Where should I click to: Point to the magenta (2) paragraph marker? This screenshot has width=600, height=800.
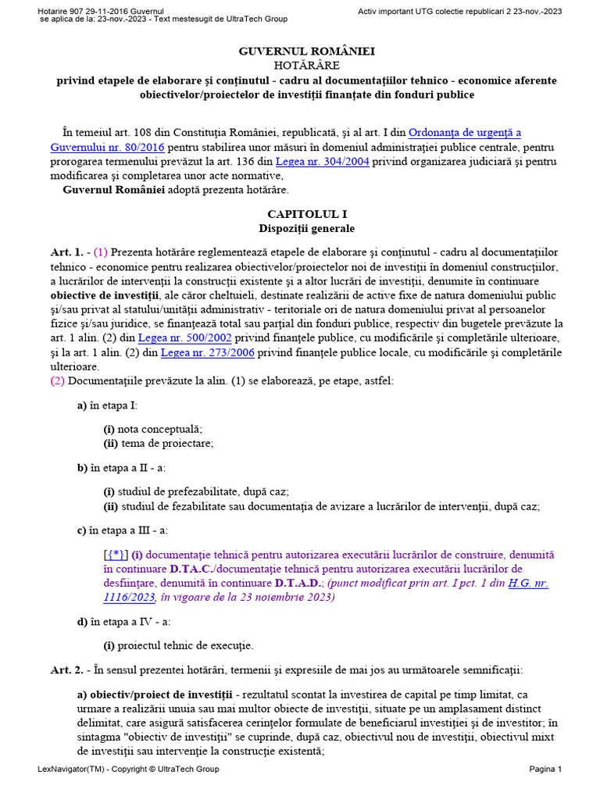58,381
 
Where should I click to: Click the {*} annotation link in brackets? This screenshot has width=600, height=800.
116,555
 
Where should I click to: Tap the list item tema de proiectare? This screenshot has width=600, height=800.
166,443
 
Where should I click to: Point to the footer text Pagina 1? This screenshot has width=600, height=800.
545,770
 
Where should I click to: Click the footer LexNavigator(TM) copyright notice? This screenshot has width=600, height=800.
128,770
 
